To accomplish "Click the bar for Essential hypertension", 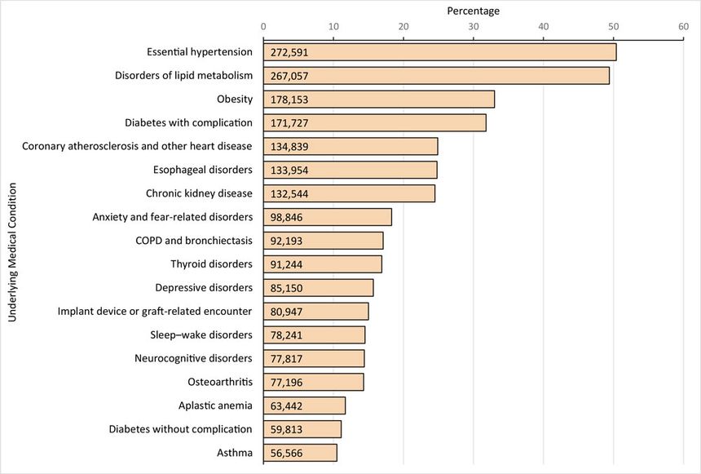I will tap(439, 52).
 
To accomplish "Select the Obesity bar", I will tap(379, 100).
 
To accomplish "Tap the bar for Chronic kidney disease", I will tap(349, 193).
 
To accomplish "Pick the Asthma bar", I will tap(300, 453).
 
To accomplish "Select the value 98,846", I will tap(287, 217).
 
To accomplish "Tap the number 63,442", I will tap(287, 405).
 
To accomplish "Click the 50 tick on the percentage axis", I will tap(613, 27).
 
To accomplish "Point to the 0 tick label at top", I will tap(263, 27).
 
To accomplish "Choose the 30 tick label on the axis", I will tap(474, 27).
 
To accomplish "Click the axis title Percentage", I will tap(474, 11).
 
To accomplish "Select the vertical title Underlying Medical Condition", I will tap(12, 253).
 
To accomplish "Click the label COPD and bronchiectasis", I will tap(194, 241).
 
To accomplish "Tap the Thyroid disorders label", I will tap(211, 264).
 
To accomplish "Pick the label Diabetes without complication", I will tap(180, 429).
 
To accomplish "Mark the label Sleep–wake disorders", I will tap(201, 334).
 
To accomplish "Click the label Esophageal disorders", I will tap(203, 170).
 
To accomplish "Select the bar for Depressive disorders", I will tap(318, 288).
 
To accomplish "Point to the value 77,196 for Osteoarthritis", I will tap(287, 382).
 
